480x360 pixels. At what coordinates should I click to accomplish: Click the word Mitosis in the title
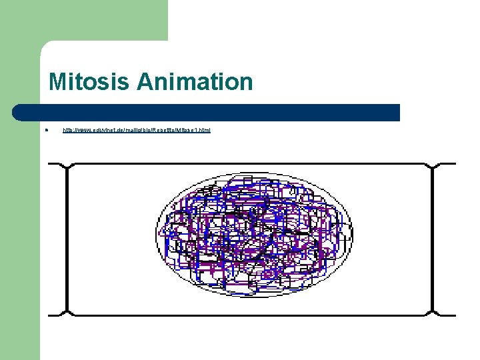tap(90, 83)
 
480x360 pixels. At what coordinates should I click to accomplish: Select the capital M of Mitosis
tap(57, 83)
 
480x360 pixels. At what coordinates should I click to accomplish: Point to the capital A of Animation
tap(145, 83)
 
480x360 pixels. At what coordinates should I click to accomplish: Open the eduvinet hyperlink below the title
tap(136, 130)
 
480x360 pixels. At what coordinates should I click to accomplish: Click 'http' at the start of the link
tap(68, 130)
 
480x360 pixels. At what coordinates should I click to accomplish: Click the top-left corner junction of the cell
tap(67, 165)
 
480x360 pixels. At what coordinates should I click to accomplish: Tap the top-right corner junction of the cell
tap(433, 165)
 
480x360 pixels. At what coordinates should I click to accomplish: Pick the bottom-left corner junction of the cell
tap(67, 313)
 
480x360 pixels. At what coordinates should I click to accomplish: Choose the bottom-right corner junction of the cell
tap(433, 313)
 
